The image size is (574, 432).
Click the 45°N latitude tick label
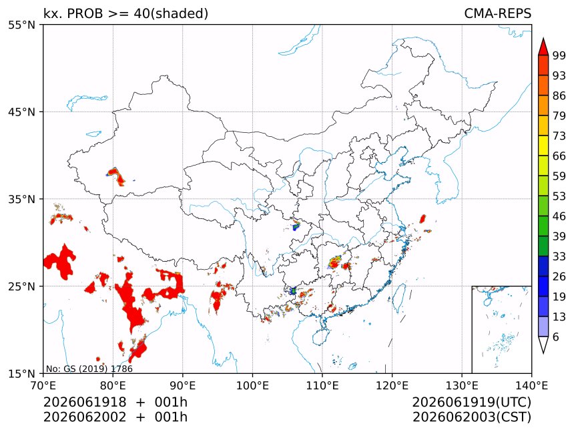click(21, 112)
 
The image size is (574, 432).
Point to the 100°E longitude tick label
click(252, 385)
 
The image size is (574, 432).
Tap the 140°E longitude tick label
click(531, 385)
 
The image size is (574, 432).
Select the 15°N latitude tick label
click(21, 373)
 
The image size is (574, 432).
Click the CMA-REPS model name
click(497, 13)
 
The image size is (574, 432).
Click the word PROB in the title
click(85, 13)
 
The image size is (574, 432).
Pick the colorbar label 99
click(559, 55)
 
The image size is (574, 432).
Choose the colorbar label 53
click(559, 196)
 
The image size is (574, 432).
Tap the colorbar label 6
click(556, 337)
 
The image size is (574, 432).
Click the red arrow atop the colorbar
click(543, 47)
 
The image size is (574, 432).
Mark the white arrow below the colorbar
click(543, 345)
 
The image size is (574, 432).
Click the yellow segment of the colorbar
click(543, 146)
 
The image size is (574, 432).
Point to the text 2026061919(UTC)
click(471, 402)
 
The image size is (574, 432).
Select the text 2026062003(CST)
click(471, 417)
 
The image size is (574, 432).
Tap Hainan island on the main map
click(321, 337)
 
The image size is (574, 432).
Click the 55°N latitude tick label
click(21, 25)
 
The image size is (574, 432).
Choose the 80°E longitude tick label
click(113, 385)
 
